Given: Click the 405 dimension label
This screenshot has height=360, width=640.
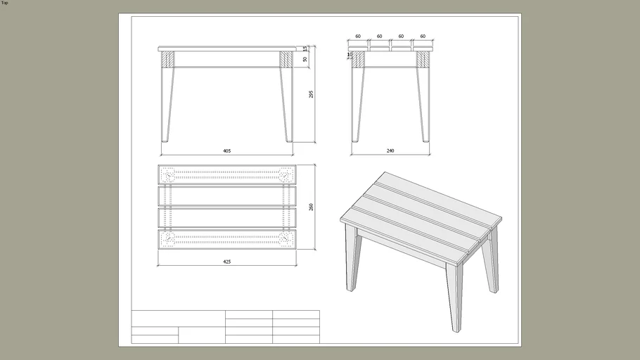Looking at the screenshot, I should (x=227, y=150).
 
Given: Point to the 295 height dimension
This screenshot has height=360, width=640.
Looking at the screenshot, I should (x=312, y=94).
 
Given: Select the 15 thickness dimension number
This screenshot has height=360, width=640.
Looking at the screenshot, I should (x=305, y=49).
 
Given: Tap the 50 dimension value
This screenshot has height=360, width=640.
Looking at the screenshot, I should (x=305, y=60).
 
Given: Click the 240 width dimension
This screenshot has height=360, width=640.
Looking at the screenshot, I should (x=390, y=150).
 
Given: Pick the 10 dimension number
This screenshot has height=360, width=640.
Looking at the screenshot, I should (x=349, y=53).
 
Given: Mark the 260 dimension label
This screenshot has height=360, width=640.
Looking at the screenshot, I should (x=312, y=207).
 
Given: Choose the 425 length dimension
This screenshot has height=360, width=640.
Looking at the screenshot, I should (x=227, y=262).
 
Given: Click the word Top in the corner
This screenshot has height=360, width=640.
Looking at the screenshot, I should (x=5, y=3).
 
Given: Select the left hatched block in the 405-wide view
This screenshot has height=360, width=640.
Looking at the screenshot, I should (x=167, y=59).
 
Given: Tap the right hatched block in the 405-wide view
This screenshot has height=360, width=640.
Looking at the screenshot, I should (x=286, y=59).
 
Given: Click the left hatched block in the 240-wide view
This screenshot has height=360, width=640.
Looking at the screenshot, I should (x=359, y=59).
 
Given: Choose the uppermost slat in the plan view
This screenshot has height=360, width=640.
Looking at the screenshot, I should (x=227, y=174).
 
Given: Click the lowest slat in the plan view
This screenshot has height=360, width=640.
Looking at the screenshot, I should (x=227, y=240).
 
